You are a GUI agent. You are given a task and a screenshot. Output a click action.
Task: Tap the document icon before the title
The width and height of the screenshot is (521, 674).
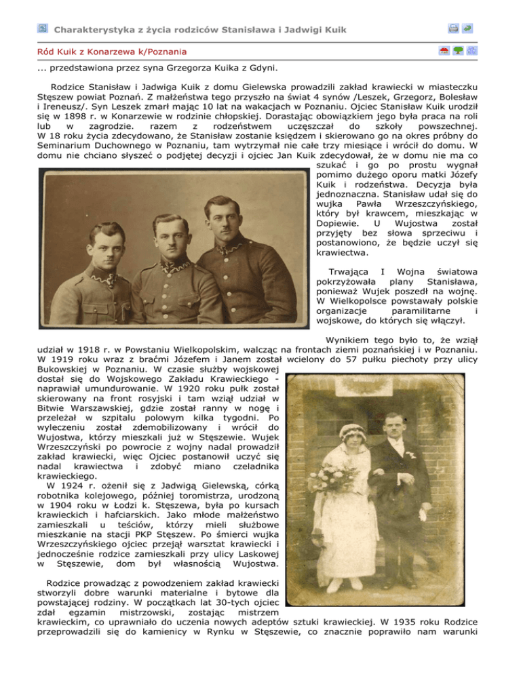42,28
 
